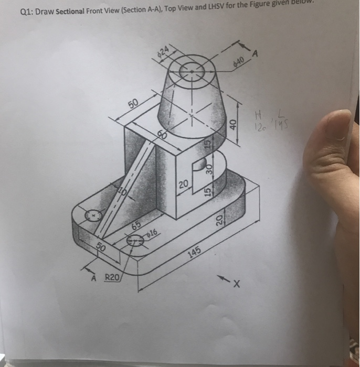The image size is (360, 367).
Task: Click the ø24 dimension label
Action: click(x=163, y=51)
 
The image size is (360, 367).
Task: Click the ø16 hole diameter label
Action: click(x=153, y=233)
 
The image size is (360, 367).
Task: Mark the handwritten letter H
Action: click(x=257, y=114)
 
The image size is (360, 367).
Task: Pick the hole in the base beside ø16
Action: click(x=136, y=240)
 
